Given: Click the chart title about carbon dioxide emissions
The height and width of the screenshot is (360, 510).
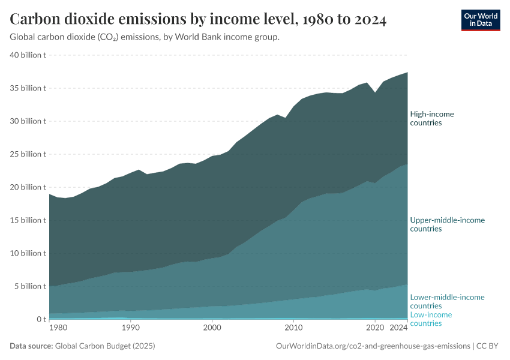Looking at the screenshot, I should pyautogui.click(x=198, y=19).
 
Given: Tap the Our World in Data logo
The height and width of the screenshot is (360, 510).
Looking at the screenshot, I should pyautogui.click(x=481, y=20).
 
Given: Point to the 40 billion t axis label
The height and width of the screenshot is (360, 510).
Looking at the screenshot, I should pyautogui.click(x=28, y=55).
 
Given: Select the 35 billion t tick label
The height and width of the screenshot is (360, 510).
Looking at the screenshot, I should pyautogui.click(x=28, y=88).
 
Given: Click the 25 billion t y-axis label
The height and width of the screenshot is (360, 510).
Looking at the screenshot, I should pyautogui.click(x=28, y=154).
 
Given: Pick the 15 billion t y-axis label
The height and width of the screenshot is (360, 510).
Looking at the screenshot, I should pyautogui.click(x=28, y=220).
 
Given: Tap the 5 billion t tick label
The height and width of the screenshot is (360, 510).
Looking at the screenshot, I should pyautogui.click(x=31, y=286).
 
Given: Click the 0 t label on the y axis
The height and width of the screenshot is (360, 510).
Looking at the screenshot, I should pyautogui.click(x=40, y=319).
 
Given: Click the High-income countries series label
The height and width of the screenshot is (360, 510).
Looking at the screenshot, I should pyautogui.click(x=431, y=118).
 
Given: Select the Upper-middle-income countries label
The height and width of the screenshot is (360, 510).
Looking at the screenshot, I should pyautogui.click(x=447, y=224).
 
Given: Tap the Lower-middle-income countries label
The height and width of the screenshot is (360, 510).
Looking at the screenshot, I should pyautogui.click(x=447, y=301).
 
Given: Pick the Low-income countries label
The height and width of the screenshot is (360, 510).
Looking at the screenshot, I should pyautogui.click(x=431, y=319).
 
